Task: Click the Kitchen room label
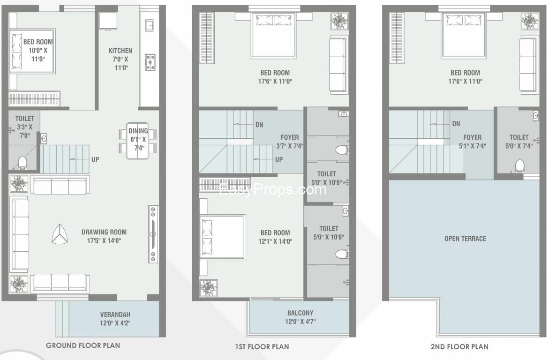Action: pos(120,51)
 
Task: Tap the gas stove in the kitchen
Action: pos(150,62)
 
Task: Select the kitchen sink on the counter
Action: pos(150,26)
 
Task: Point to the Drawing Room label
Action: pos(104,232)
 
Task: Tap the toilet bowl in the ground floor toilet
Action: pos(23,163)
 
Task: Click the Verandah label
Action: pos(115,315)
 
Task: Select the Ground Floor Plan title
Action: pos(83,345)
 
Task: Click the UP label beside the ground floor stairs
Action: pos(95,159)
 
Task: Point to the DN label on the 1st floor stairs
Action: pos(259,125)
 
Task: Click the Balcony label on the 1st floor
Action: pos(301,313)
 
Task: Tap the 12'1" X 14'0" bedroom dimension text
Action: pos(275,241)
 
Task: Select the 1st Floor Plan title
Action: pos(262,347)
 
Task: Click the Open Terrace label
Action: pos(466,239)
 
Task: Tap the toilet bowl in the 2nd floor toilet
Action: pos(519,166)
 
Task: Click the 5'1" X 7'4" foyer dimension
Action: pos(472,146)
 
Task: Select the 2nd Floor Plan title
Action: pos(459,347)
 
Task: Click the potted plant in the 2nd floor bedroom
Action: pos(529,22)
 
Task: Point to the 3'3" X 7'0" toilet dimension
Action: pos(24,131)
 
